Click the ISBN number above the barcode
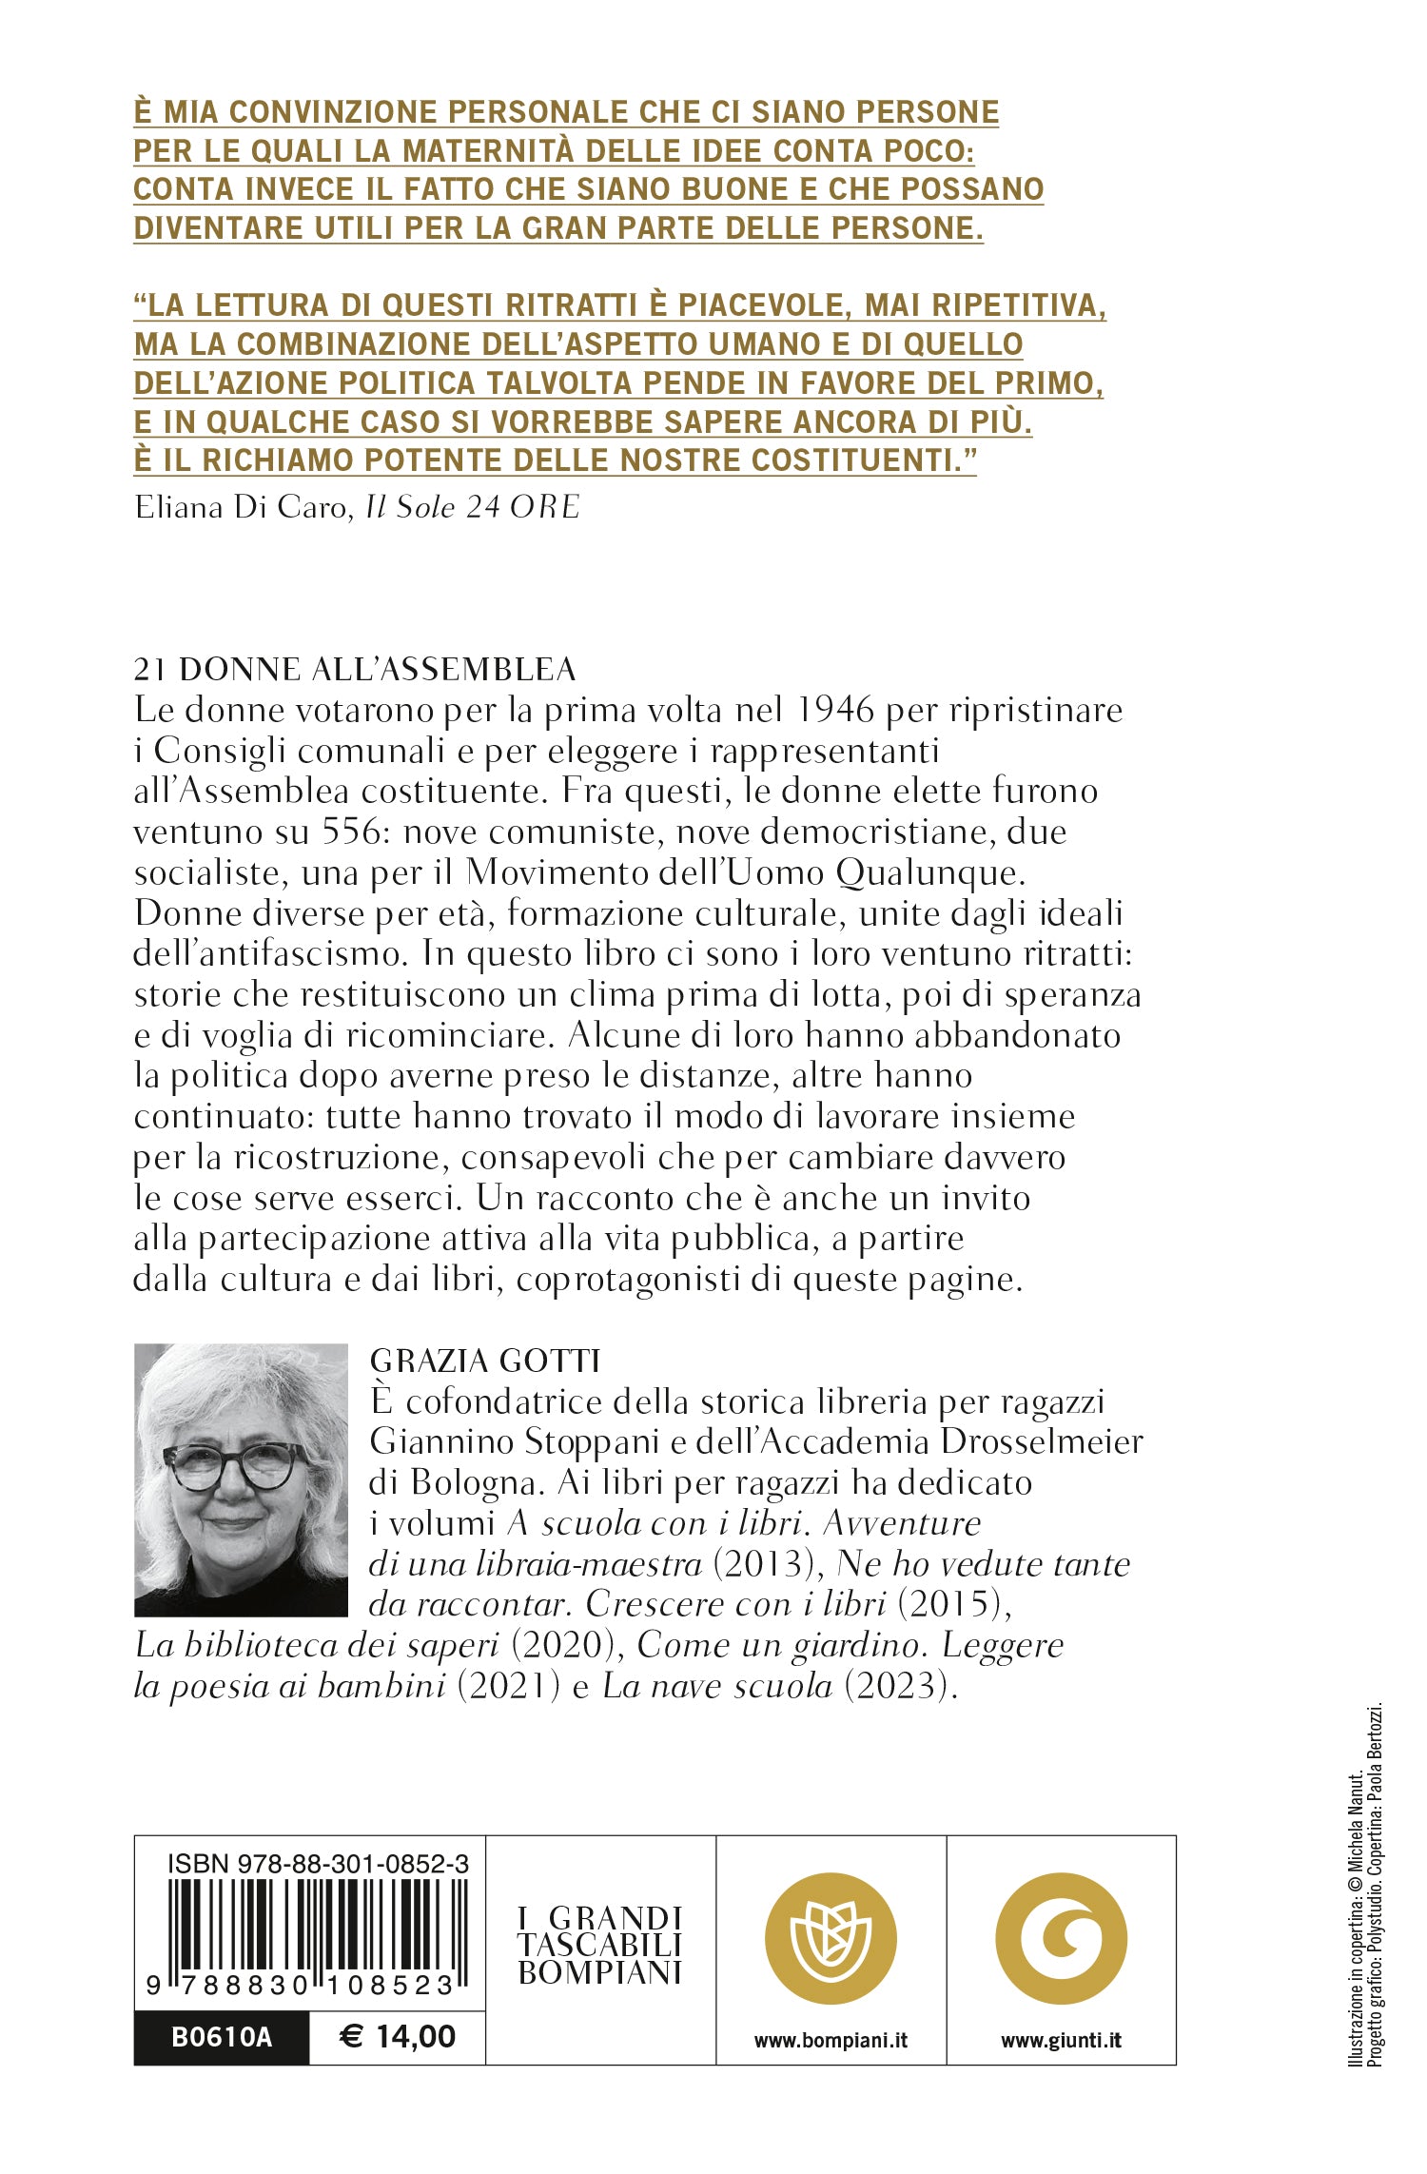coord(317,1864)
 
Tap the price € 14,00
coord(398,2036)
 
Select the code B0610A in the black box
coord(222,2037)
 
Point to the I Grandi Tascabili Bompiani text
coord(600,1945)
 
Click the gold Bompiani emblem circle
coord(831,1938)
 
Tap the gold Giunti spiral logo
coord(1061,1938)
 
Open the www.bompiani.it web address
coord(831,2040)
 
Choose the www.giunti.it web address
coord(1061,2040)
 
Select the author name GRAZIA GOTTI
coord(485,1361)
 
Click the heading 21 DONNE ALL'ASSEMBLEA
coord(355,669)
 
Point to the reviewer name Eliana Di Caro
coord(242,506)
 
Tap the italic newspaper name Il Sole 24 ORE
coord(473,506)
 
